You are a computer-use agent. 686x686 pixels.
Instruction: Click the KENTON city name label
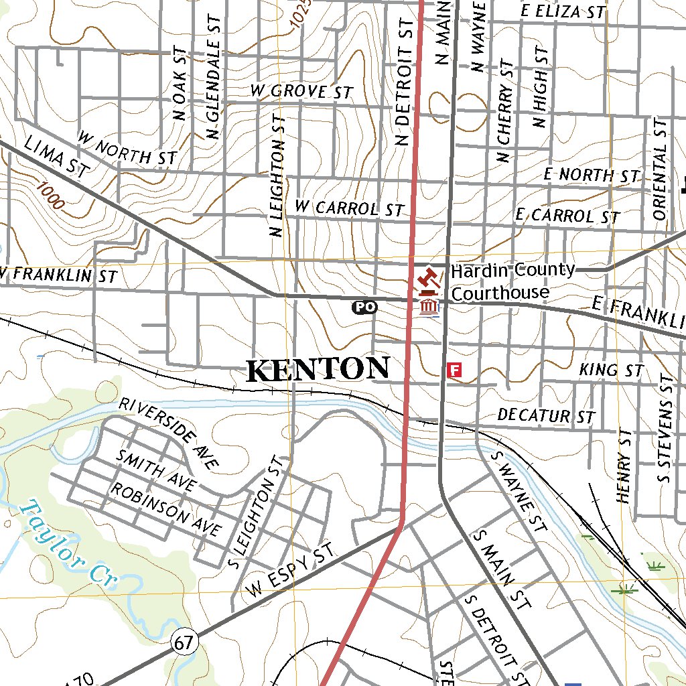coord(318,370)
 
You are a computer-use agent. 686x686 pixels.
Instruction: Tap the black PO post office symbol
coord(365,307)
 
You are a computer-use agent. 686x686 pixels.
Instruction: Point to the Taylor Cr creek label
coord(66,544)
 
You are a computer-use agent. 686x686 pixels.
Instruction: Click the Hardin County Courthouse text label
coord(512,281)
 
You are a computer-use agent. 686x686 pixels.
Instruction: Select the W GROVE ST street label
coord(301,90)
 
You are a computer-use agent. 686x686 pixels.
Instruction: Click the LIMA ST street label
coord(56,156)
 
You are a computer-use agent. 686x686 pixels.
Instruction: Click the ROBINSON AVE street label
coord(165,510)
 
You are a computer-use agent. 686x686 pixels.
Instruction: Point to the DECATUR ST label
coord(546,416)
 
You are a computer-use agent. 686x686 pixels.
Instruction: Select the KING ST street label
coord(611,370)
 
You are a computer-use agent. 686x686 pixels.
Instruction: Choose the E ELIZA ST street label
coord(563,11)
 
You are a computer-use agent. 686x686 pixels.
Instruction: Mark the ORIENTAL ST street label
coord(660,170)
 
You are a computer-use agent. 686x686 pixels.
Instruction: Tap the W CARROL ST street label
coord(350,208)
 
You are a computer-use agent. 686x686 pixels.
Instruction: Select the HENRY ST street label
coord(624,466)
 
